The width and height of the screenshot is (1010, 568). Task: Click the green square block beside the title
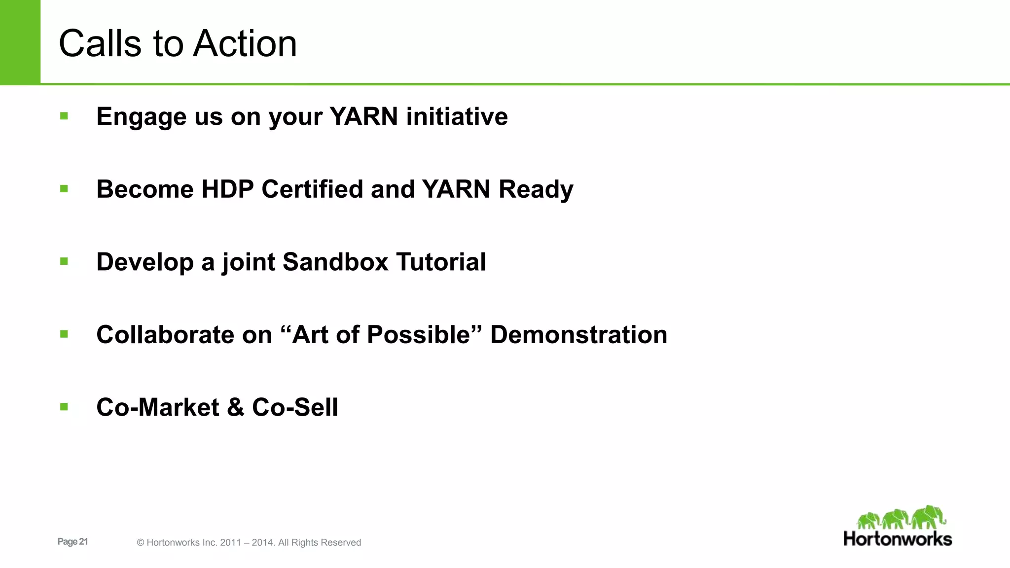20,42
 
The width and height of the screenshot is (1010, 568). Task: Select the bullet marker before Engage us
64,116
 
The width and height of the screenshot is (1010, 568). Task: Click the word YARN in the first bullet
364,117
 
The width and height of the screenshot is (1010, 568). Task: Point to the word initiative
457,117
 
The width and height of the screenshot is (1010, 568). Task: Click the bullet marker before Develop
64,262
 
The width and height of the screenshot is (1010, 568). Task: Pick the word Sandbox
335,262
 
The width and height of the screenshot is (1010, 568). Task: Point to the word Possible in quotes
418,335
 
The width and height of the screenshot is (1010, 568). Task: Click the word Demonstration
578,335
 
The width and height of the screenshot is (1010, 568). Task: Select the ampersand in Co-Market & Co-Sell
236,408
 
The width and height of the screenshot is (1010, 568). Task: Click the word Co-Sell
295,408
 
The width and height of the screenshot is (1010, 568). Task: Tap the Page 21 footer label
72,541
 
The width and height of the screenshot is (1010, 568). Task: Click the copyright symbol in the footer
141,543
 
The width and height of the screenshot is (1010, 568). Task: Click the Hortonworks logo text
898,539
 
